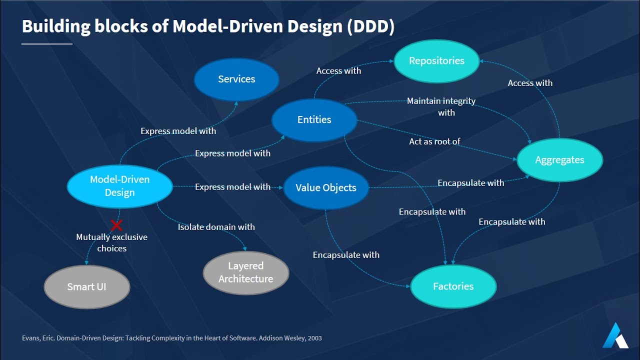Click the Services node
[x=236, y=79]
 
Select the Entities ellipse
[x=314, y=120]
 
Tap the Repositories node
[x=436, y=61]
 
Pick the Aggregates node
[x=559, y=160]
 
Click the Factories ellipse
[x=453, y=286]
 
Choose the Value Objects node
[x=326, y=188]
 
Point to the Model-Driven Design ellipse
[x=119, y=186]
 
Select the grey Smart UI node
[x=87, y=287]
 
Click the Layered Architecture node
[x=245, y=272]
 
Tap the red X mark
[x=116, y=225]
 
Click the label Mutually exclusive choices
[x=111, y=242]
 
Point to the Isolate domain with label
[x=216, y=227]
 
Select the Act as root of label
[x=434, y=141]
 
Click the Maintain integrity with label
[x=441, y=106]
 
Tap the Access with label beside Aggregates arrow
[x=530, y=83]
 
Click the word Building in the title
[x=54, y=26]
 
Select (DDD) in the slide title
[x=370, y=26]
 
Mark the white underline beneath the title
[x=47, y=44]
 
